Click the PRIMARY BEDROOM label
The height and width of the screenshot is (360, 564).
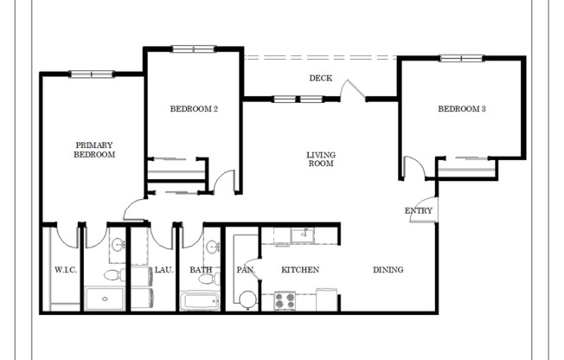pyautogui.click(x=95, y=150)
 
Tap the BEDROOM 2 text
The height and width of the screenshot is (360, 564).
pyautogui.click(x=193, y=109)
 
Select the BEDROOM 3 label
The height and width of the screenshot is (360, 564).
pyautogui.click(x=461, y=109)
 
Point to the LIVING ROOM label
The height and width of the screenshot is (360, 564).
pyautogui.click(x=320, y=159)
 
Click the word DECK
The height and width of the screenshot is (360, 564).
pyautogui.click(x=321, y=79)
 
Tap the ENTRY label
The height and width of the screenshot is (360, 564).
pyautogui.click(x=419, y=211)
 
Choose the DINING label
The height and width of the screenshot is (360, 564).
pyautogui.click(x=388, y=270)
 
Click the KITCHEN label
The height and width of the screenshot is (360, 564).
pyautogui.click(x=300, y=270)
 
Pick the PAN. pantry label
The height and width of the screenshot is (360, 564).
pyautogui.click(x=245, y=270)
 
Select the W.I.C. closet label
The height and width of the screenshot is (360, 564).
pyautogui.click(x=66, y=270)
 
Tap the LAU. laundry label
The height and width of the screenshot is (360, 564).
pyautogui.click(x=164, y=270)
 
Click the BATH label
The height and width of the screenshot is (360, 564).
pyautogui.click(x=201, y=270)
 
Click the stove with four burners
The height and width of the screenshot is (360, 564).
pyautogui.click(x=285, y=300)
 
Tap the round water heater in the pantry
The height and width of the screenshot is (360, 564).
pyautogui.click(x=247, y=300)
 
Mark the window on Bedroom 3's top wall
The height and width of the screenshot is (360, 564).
pyautogui.click(x=461, y=58)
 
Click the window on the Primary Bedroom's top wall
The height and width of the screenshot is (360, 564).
pyautogui.click(x=93, y=74)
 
